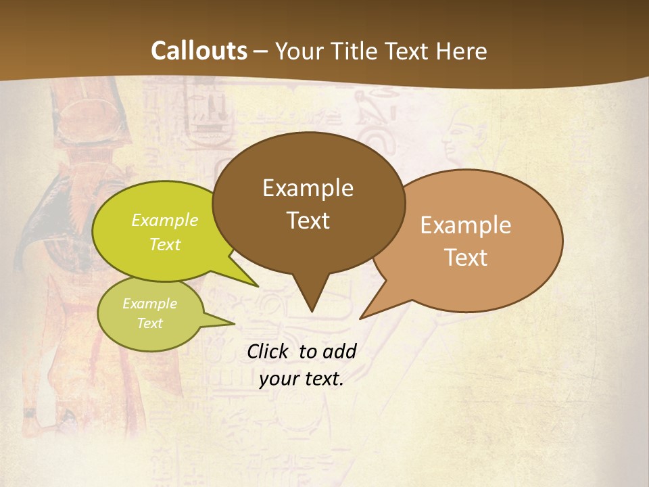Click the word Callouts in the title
coord(199,51)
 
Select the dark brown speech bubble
coord(308,250)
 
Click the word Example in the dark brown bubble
coord(308,188)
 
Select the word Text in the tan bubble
coord(466,258)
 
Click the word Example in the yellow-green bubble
coord(165,220)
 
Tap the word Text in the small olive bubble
coord(149,323)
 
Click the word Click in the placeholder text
coord(269,351)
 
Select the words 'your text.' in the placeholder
coord(302,379)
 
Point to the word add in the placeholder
coord(340,351)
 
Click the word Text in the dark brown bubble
coord(308,221)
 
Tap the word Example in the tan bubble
coord(466,225)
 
